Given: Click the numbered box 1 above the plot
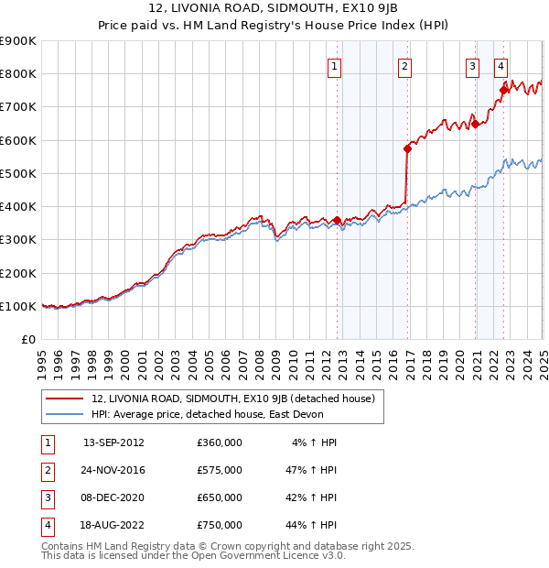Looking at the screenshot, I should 334,66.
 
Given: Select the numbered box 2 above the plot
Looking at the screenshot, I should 404,66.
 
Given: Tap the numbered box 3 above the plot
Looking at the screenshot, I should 472,66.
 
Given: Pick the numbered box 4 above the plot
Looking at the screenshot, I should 501,66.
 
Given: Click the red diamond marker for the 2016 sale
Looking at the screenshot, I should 407,147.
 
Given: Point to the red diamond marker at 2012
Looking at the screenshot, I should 337,220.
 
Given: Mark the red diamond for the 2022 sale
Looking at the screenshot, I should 503,90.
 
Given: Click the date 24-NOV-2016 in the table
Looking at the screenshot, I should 113,470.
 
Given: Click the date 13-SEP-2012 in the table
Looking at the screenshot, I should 113,442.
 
